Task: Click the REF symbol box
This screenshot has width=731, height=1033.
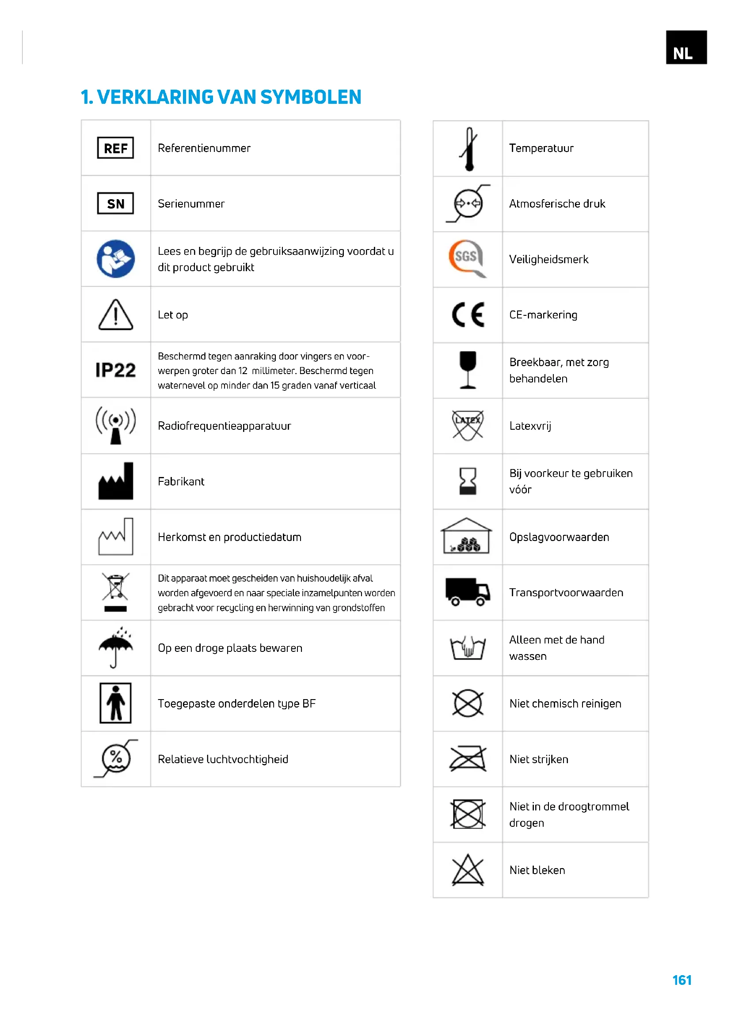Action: (115, 148)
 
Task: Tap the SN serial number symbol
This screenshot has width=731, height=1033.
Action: (115, 203)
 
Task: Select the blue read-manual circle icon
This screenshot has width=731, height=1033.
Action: (115, 259)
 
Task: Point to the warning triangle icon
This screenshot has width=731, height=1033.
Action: (115, 315)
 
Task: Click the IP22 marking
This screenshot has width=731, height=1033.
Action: (115, 370)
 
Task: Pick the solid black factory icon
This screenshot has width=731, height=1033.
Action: (115, 481)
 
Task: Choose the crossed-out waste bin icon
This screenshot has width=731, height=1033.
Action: (115, 592)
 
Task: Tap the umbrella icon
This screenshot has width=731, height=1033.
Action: (115, 647)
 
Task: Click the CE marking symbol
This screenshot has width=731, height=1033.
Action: (468, 314)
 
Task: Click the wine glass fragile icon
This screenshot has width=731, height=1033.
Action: (468, 370)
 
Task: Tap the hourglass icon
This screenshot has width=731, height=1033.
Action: (468, 481)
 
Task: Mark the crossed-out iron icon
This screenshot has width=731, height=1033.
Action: (468, 759)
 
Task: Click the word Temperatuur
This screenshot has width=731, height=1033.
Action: (541, 148)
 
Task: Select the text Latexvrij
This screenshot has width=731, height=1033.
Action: (530, 426)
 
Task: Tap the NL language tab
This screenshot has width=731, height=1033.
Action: (686, 47)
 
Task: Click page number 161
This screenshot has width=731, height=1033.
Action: (682, 980)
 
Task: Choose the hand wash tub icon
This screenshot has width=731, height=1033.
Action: (468, 648)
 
